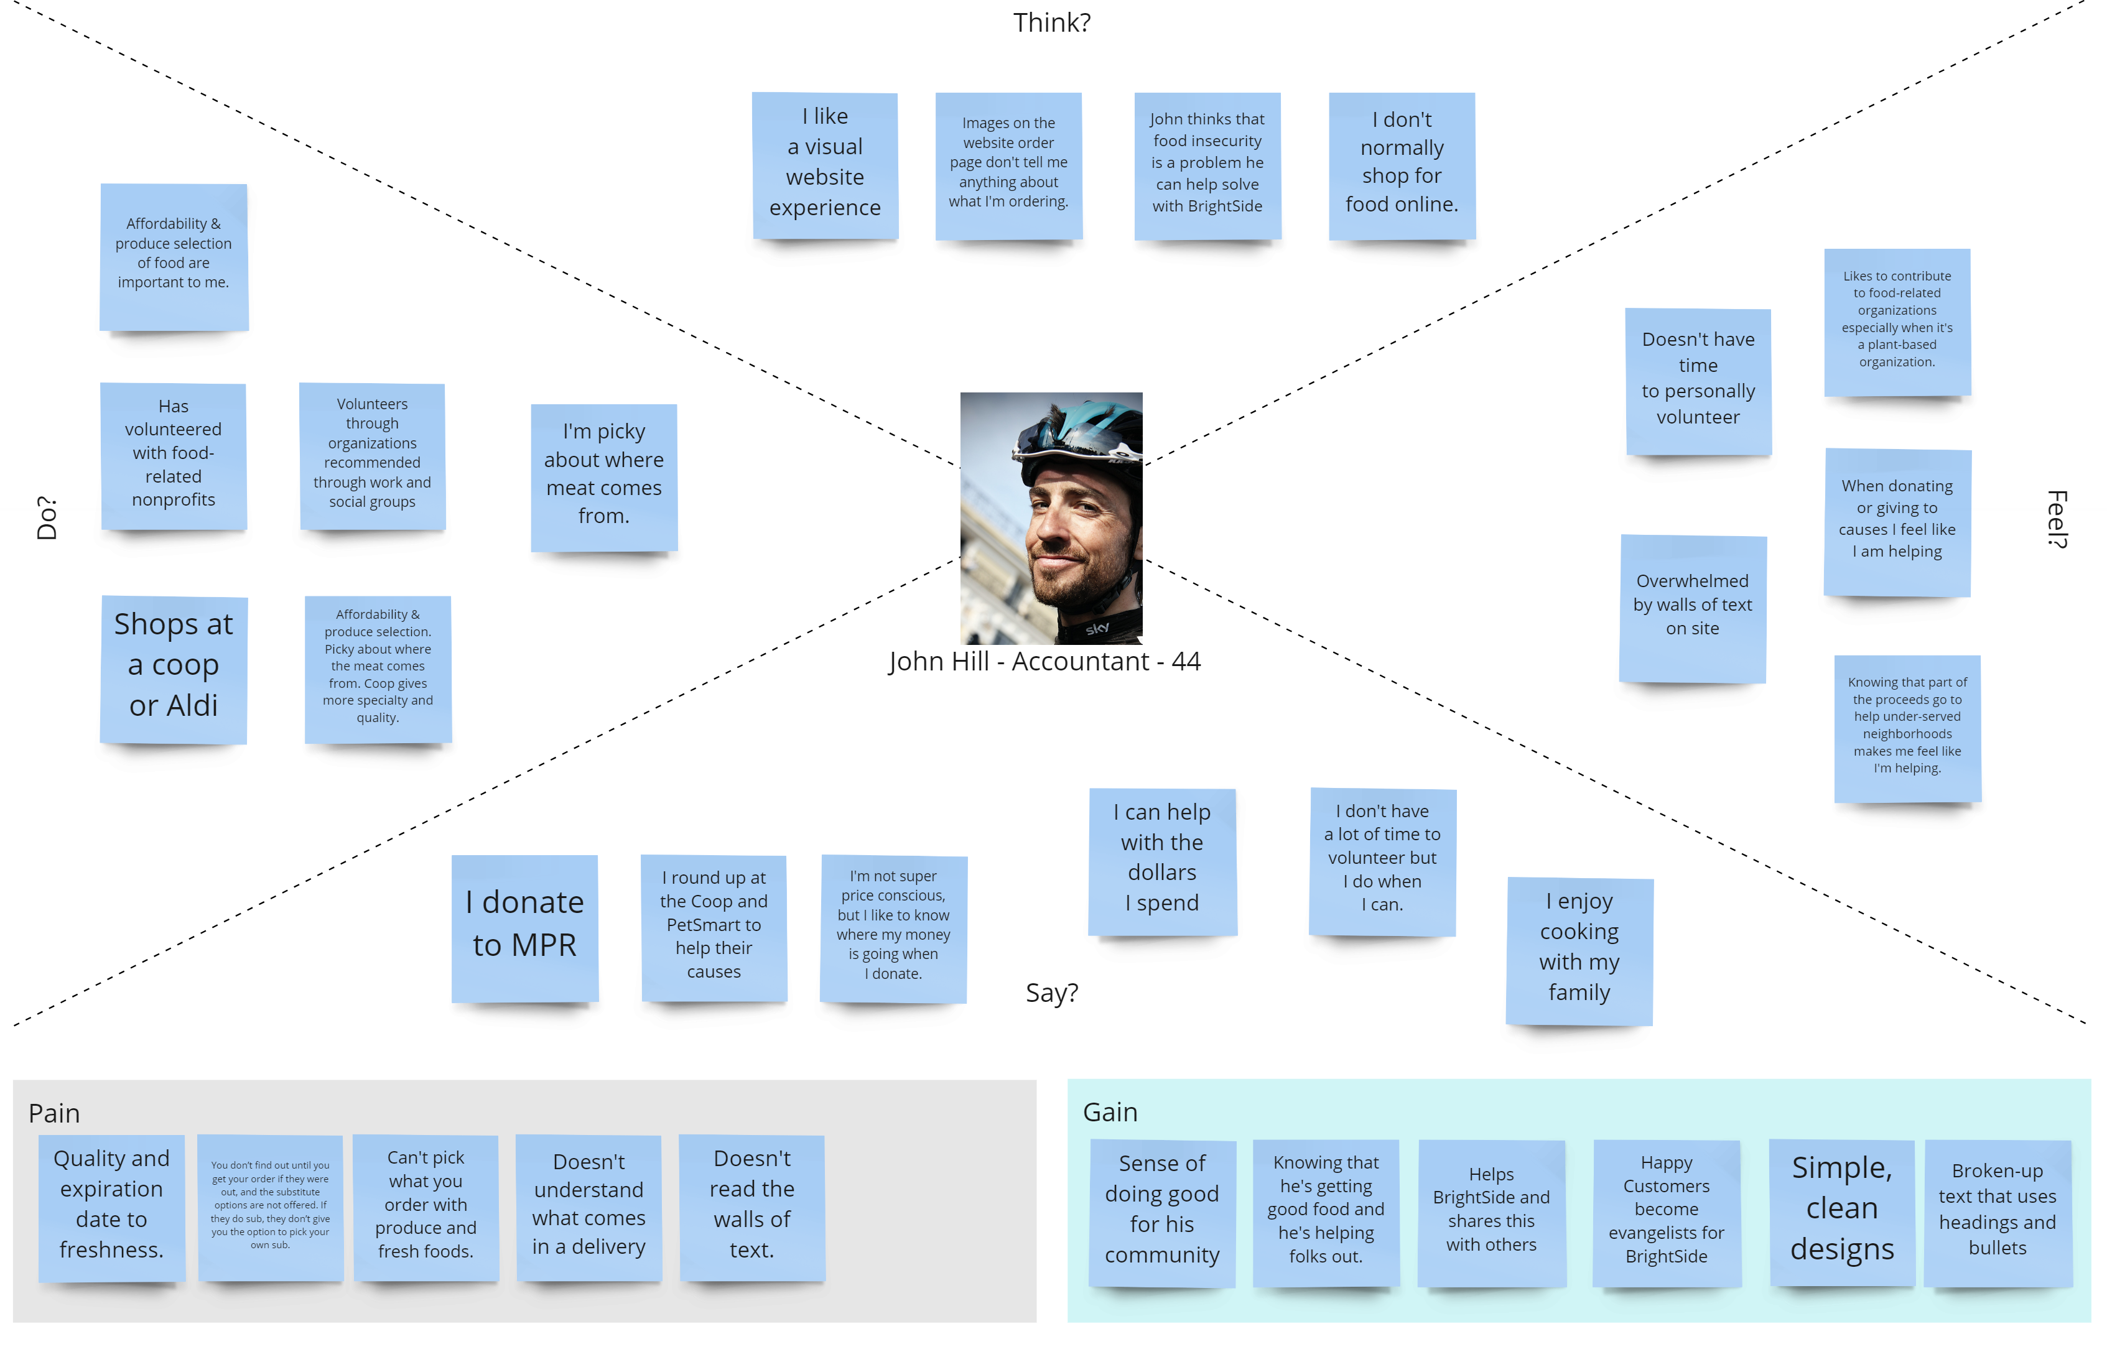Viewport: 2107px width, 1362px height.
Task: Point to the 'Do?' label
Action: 46,518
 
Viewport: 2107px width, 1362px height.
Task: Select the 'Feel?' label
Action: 2057,518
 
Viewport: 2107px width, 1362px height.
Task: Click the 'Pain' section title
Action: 54,1113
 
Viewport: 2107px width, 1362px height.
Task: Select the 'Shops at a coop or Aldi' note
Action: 174,668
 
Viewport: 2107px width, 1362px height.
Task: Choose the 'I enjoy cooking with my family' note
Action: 1579,949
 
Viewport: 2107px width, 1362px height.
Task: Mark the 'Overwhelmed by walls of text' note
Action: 1692,607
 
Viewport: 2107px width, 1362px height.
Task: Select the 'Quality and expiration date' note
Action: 111,1205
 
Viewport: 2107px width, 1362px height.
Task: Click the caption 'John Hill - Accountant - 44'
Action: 1044,662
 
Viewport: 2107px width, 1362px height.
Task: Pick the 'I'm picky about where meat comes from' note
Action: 604,476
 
